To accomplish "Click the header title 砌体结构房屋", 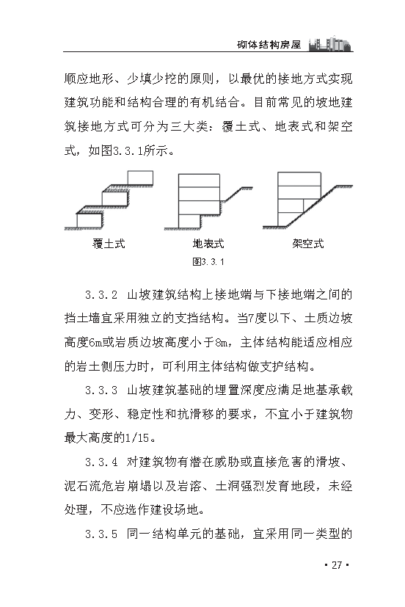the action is click(270, 44).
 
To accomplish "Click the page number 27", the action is click(337, 565).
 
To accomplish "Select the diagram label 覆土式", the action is click(109, 244).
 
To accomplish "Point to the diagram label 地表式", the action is click(208, 244).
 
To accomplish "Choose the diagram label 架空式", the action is click(307, 244).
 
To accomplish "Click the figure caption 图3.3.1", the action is click(208, 262).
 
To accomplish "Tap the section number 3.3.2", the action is click(101, 296).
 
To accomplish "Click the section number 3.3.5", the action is click(101, 533).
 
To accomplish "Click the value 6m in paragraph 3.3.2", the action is click(100, 343).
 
